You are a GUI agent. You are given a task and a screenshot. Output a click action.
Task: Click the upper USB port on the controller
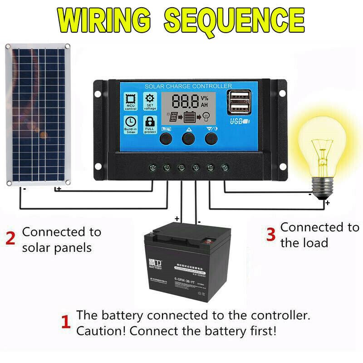(239, 95)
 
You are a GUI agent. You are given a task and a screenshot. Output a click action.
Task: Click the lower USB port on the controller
(239, 108)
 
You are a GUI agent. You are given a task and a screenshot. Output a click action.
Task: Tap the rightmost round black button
(211, 138)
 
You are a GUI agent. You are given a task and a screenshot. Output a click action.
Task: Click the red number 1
(66, 323)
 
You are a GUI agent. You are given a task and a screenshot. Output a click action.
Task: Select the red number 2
(10, 239)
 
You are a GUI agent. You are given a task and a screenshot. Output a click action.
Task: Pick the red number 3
(270, 235)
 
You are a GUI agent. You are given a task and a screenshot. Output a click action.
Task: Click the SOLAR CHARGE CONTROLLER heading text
(188, 86)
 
